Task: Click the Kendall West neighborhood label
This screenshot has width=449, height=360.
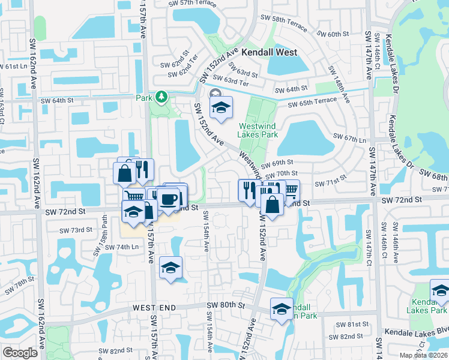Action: [x=270, y=52]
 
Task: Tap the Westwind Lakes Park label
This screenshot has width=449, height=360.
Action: [x=258, y=130]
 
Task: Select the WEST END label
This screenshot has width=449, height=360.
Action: [x=154, y=308]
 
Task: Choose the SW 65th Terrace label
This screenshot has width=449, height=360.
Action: [x=312, y=104]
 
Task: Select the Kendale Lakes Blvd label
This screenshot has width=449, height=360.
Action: [x=417, y=331]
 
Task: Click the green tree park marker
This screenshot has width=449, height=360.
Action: [x=161, y=97]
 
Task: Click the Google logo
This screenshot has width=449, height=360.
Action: [x=20, y=353]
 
